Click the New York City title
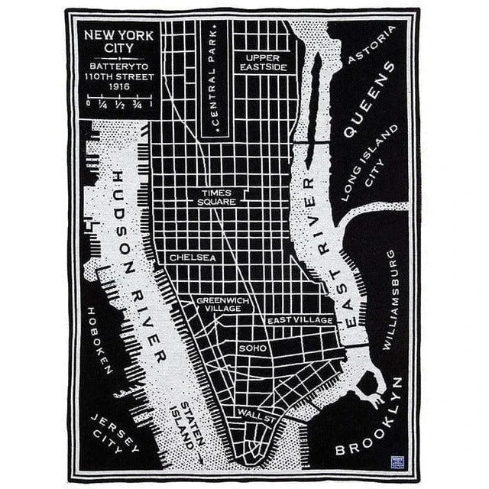coord(118,41)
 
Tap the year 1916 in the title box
coord(118,86)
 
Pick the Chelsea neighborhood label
coord(193,257)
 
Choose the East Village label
coord(300,319)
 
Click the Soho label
coord(252,347)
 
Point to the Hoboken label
coord(100,340)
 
